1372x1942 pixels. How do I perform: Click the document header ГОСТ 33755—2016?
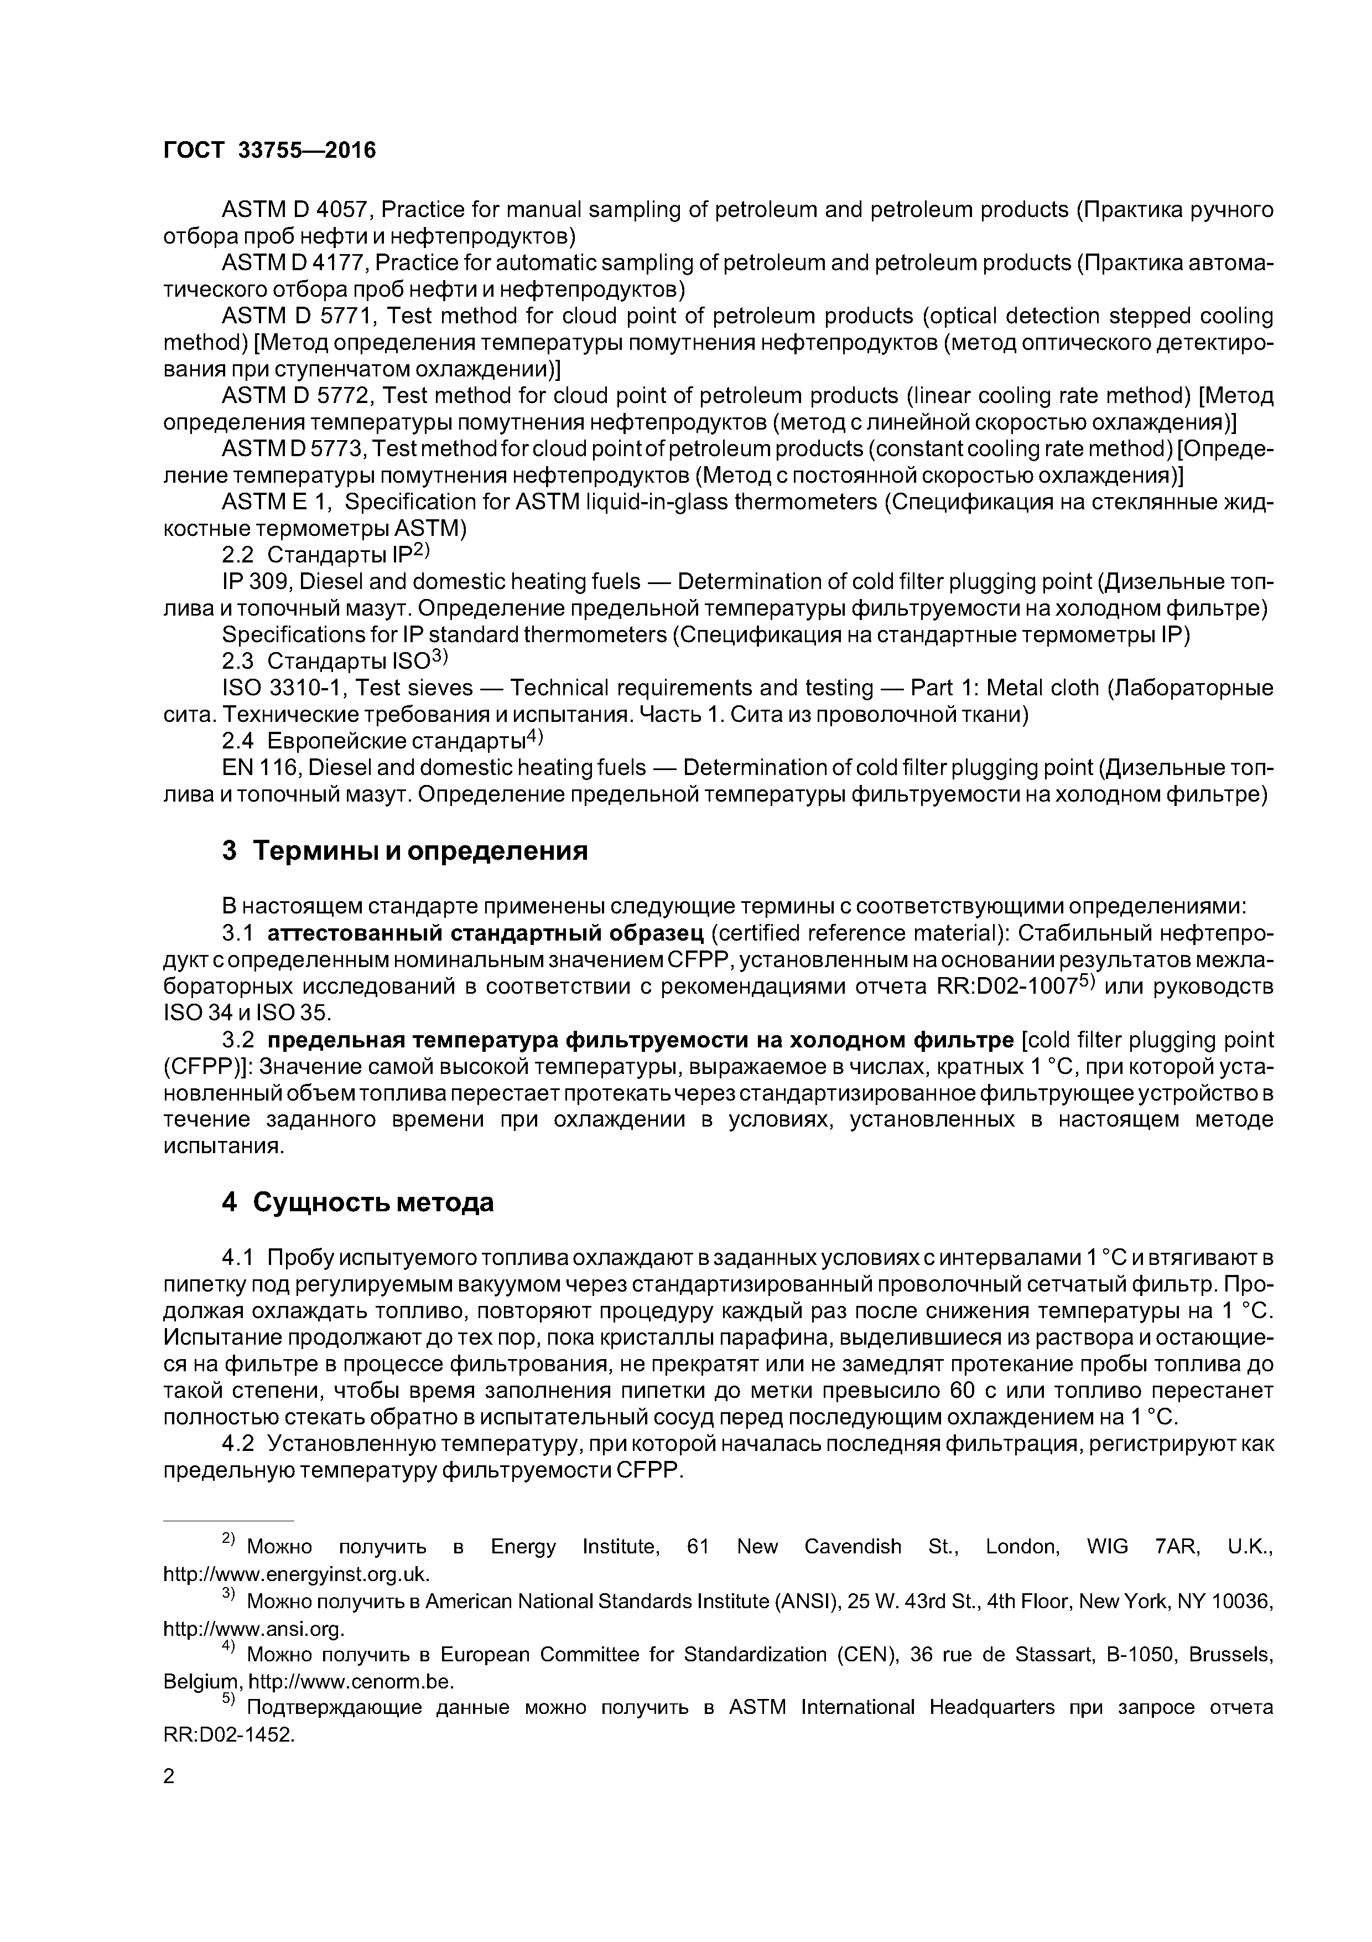(x=269, y=151)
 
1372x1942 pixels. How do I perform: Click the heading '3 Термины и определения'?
(x=404, y=850)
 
